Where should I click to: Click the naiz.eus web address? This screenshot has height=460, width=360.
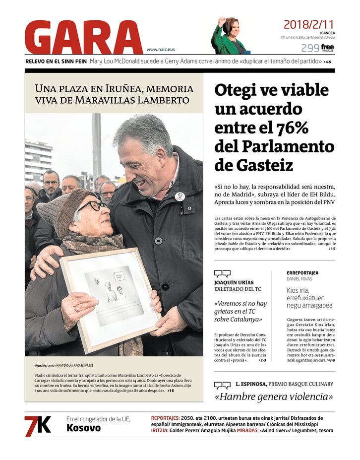click(x=161, y=50)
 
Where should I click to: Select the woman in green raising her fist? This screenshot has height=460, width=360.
click(x=230, y=37)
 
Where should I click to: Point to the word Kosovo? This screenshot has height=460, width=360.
click(x=83, y=428)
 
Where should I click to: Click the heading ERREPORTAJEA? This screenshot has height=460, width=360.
click(x=302, y=273)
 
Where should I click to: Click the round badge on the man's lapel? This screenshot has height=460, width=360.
click(x=180, y=196)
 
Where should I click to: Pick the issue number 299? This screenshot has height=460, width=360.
click(x=310, y=48)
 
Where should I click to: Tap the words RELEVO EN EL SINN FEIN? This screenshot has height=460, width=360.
click(x=56, y=62)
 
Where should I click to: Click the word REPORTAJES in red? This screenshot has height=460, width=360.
click(x=165, y=418)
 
